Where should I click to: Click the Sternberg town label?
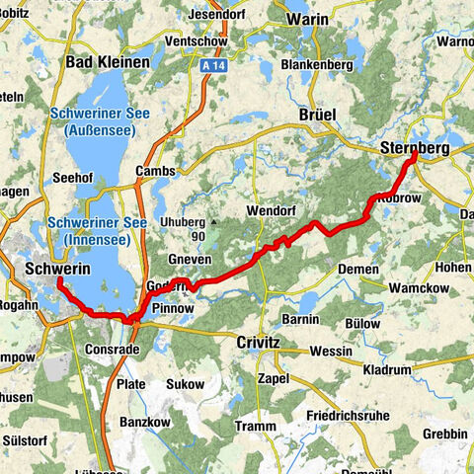pyautogui.click(x=414, y=147)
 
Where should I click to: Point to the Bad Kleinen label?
pyautogui.click(x=107, y=62)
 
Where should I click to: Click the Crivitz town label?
pyautogui.click(x=260, y=342)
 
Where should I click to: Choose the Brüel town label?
pyautogui.click(x=318, y=115)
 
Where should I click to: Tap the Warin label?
pyautogui.click(x=308, y=18)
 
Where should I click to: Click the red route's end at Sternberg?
pyautogui.click(x=415, y=155)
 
